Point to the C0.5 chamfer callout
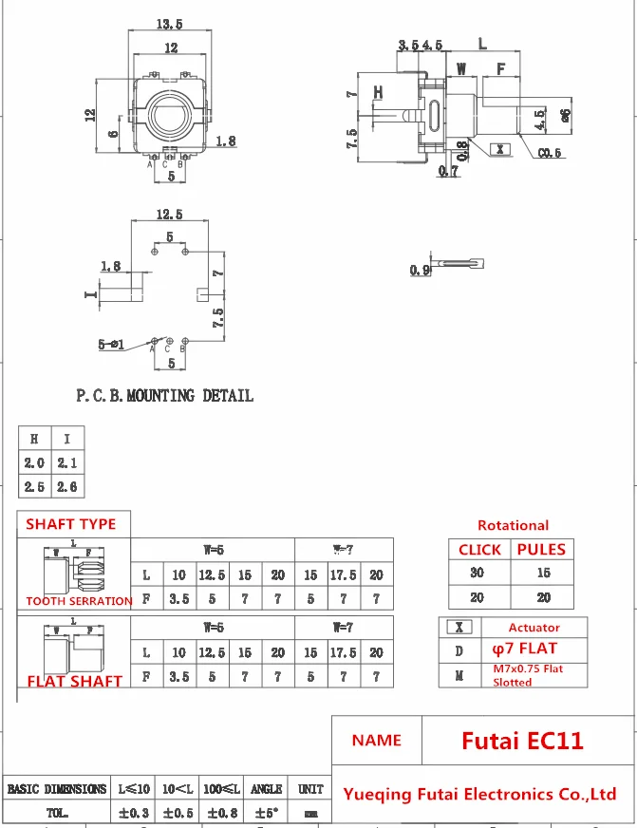550,153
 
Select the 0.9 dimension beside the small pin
420,271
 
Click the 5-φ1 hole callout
111,344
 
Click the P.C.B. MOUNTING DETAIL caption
164,395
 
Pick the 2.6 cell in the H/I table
67,486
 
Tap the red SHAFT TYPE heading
71,524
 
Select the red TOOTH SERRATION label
79,601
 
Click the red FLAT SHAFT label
75,681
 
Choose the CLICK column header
479,549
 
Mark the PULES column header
541,549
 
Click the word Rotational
513,525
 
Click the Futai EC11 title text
522,740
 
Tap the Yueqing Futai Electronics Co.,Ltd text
479,794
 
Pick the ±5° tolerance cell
266,813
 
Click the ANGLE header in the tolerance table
266,789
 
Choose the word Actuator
534,628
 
